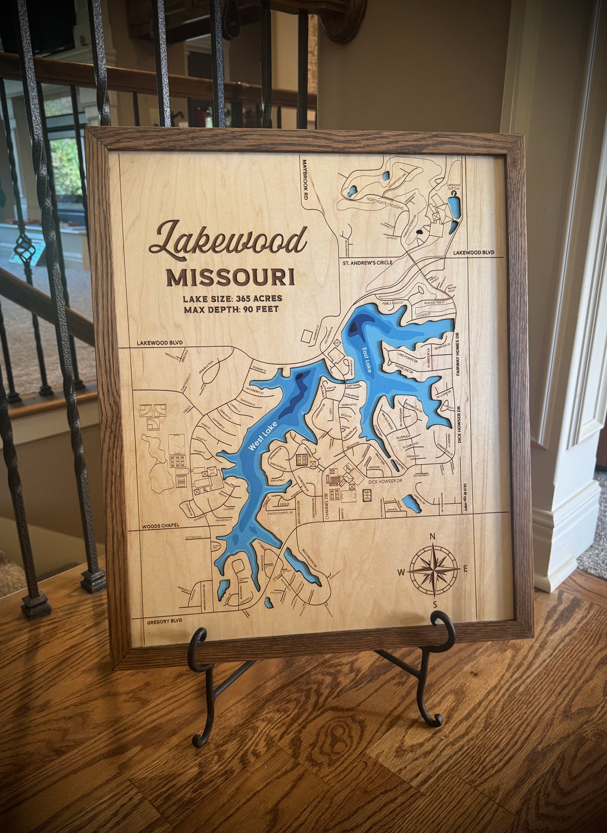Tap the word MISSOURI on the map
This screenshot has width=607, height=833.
pos(230,277)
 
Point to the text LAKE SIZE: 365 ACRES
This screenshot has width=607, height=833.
pos(232,298)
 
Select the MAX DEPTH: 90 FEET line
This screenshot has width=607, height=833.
pos(231,309)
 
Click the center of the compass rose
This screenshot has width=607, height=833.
pos(433,570)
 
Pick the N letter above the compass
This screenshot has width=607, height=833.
pos(432,536)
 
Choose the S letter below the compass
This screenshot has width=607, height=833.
pos(435,605)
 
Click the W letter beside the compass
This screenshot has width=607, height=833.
pos(401,572)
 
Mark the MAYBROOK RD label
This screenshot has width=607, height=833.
pos(306,179)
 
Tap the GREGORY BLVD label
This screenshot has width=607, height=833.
pos(164,621)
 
